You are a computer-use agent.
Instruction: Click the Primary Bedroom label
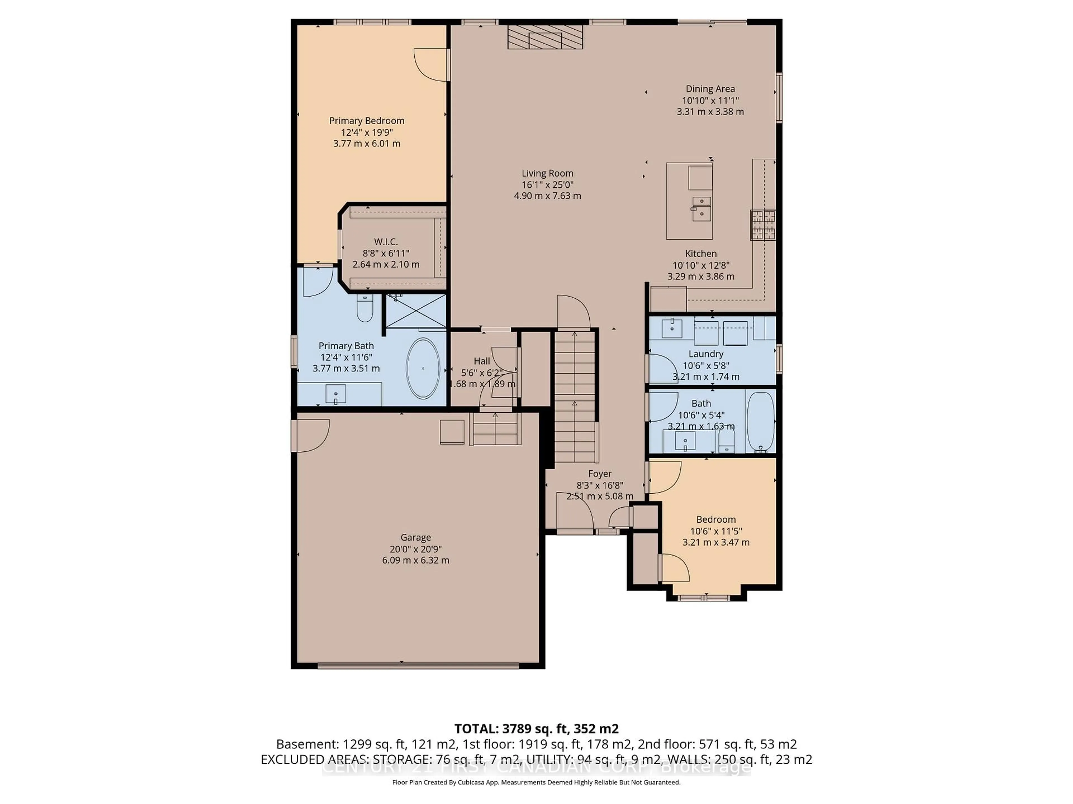tap(367, 121)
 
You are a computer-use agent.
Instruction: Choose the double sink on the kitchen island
tap(701, 208)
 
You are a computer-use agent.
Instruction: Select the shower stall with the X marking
tap(416, 311)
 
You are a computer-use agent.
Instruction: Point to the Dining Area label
tap(710, 89)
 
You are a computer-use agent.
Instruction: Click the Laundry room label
tap(706, 354)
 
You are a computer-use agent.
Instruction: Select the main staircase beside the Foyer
tap(575, 395)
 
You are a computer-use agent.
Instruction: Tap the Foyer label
tap(600, 473)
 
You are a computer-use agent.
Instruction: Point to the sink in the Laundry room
tap(672, 328)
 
